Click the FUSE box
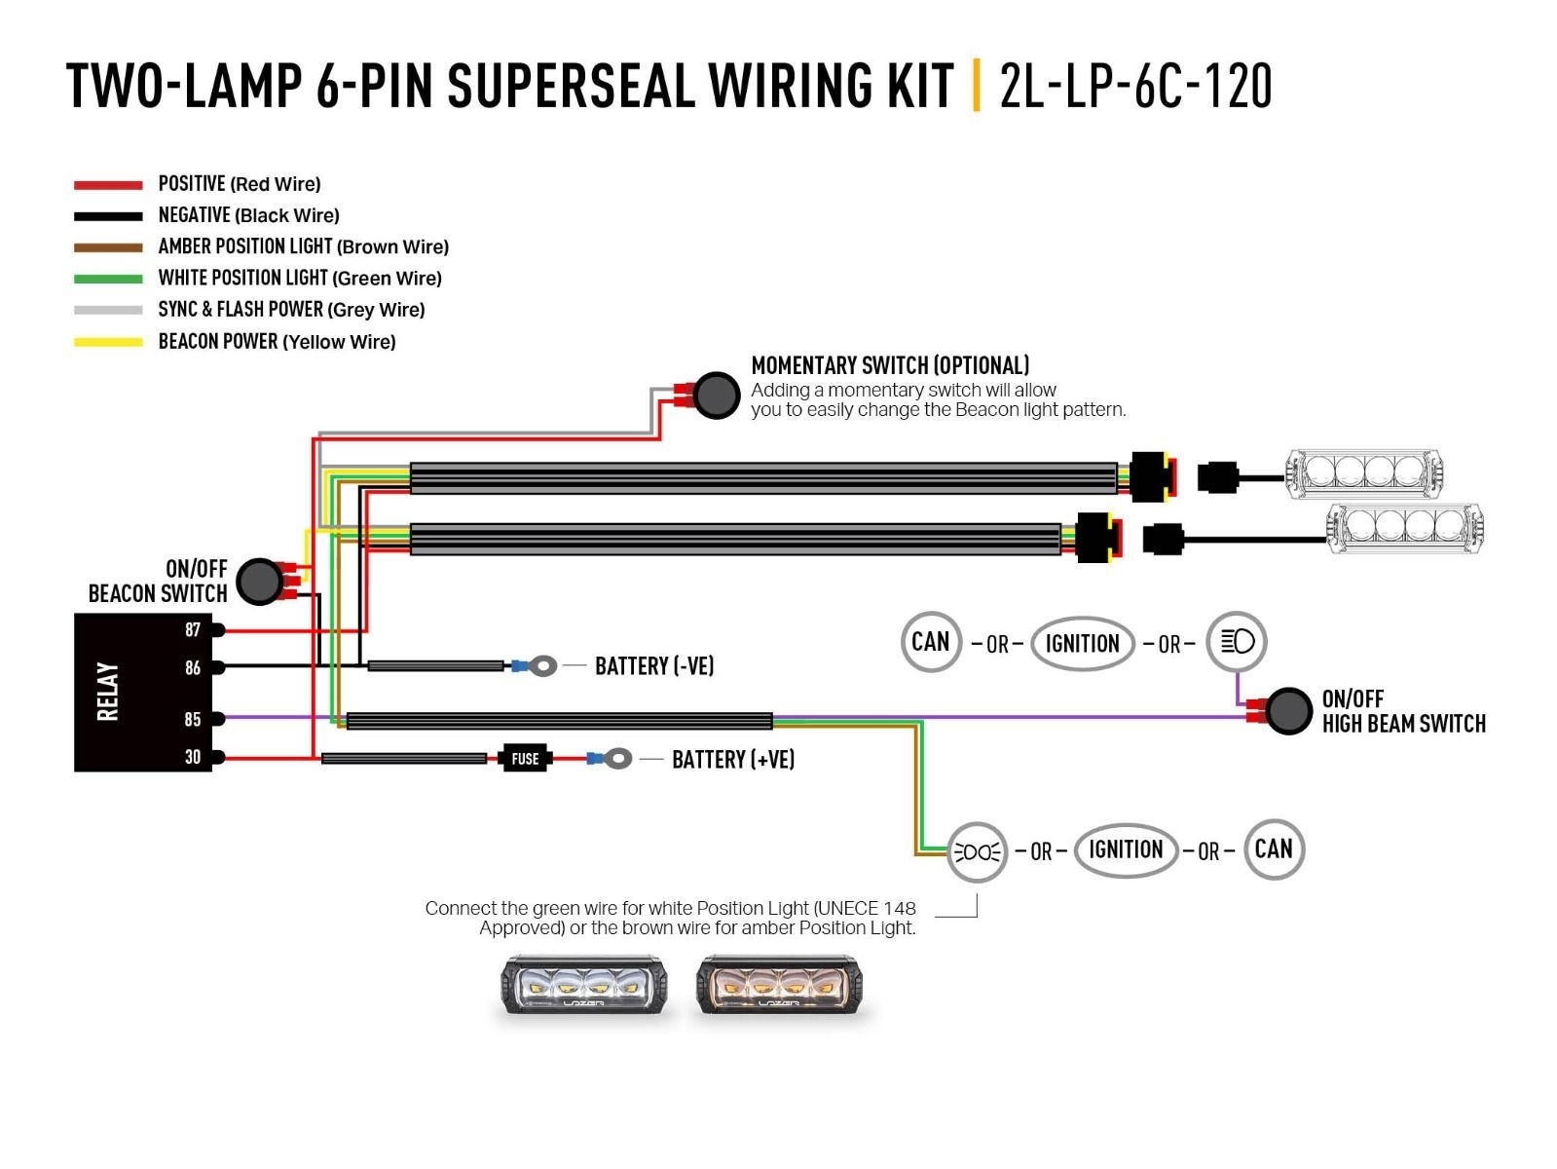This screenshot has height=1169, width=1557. [x=525, y=758]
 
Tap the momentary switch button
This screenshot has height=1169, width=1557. [x=717, y=395]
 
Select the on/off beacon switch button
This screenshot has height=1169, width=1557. [x=259, y=582]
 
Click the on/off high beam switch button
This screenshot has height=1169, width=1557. [x=1288, y=711]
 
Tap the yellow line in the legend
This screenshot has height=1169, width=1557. [x=108, y=342]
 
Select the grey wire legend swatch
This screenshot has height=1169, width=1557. [x=108, y=310]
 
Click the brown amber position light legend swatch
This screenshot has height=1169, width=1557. [x=108, y=247]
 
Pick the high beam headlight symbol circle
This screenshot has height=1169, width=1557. [x=1237, y=641]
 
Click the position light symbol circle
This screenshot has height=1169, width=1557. [x=977, y=852]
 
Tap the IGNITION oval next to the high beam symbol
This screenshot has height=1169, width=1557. [x=1082, y=643]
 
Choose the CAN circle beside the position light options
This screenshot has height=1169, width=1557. [x=1274, y=848]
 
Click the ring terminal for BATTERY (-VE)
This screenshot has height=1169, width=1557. [x=543, y=665]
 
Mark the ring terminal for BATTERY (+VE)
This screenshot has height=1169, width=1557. [x=617, y=758]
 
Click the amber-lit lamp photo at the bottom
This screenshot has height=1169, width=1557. [x=779, y=986]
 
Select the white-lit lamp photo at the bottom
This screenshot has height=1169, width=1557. [x=583, y=986]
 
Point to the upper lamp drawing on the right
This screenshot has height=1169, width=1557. [x=1363, y=473]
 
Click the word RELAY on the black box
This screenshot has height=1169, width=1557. [x=107, y=692]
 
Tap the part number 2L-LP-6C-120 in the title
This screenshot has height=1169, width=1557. [x=1135, y=86]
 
